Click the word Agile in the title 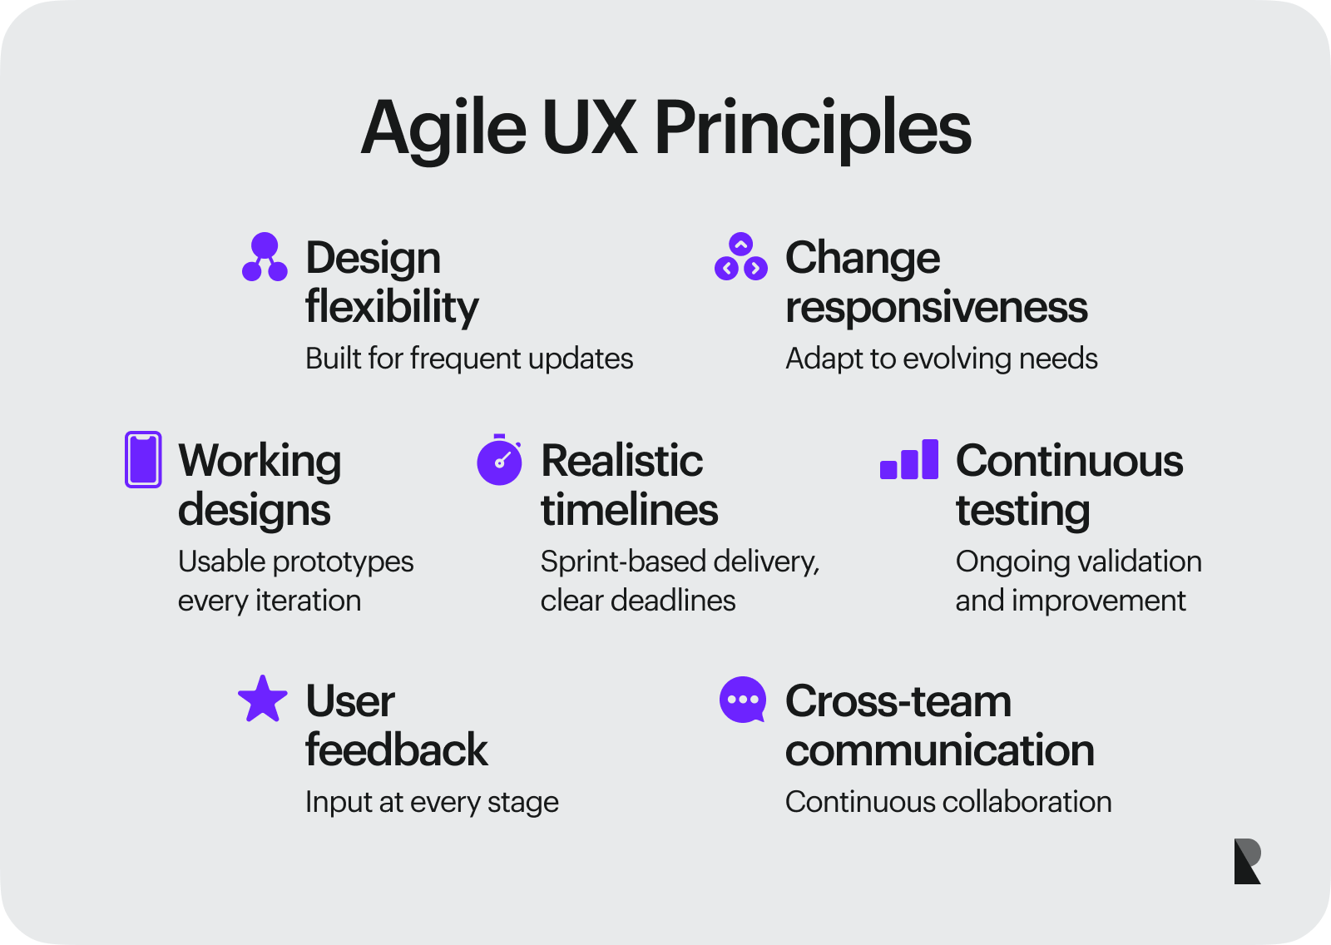tap(443, 129)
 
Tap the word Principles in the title tap(812, 129)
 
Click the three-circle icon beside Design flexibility tap(265, 257)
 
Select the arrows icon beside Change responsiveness tap(740, 257)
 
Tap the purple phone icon tap(143, 459)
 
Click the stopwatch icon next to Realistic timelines tap(499, 460)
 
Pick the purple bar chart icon tap(909, 460)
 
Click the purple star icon tap(263, 699)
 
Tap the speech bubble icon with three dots tap(742, 700)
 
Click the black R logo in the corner tap(1247, 861)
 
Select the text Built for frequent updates tap(469, 359)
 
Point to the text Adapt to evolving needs tap(941, 359)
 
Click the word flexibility tap(392, 307)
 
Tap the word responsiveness tap(936, 307)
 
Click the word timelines tap(629, 509)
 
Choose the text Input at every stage tap(432, 802)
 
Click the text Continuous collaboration tap(948, 802)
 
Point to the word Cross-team tap(898, 701)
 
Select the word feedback tap(396, 750)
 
